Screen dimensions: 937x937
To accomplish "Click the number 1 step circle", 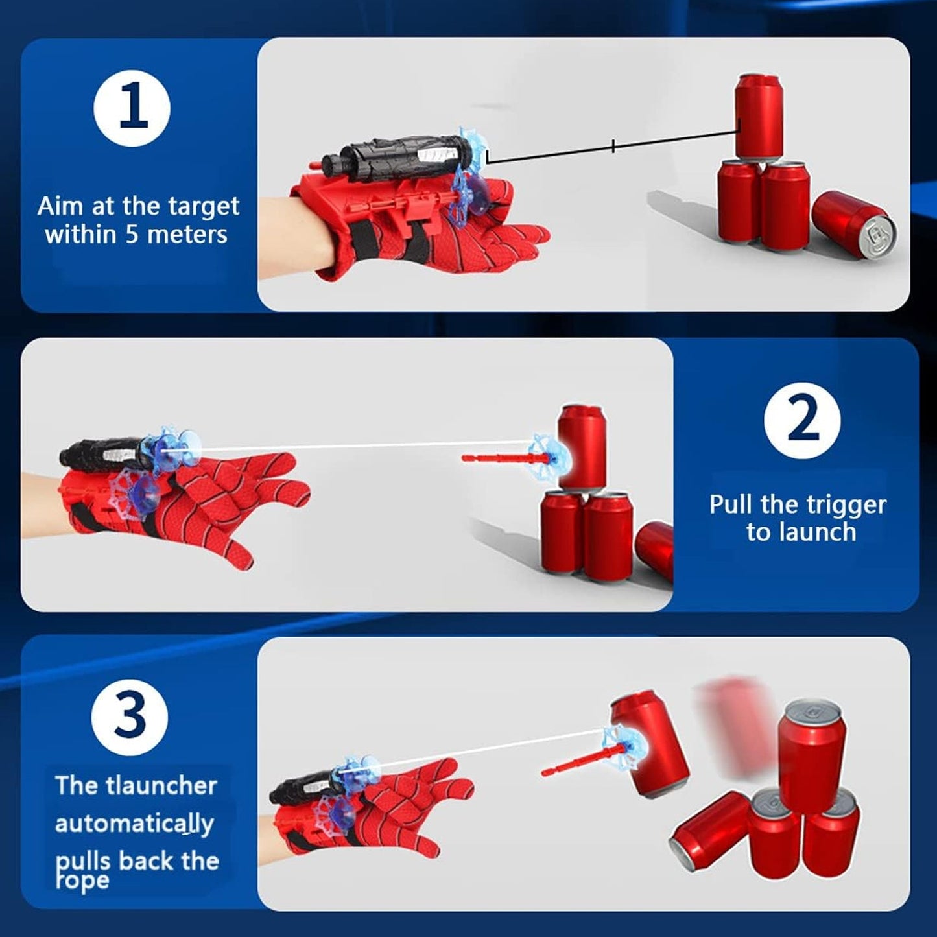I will pos(132,108).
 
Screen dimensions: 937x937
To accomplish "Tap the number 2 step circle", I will pos(802,421).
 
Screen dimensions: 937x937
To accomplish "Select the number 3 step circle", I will pos(130,717).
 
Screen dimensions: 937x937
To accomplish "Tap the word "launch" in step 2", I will pos(818,533).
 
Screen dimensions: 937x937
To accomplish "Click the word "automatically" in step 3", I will pos(134,824).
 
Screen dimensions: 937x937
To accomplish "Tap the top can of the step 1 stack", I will pos(758,115).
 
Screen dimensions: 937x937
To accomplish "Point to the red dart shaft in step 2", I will pos(496,458).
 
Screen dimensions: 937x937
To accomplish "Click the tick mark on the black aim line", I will pos(613,146).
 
